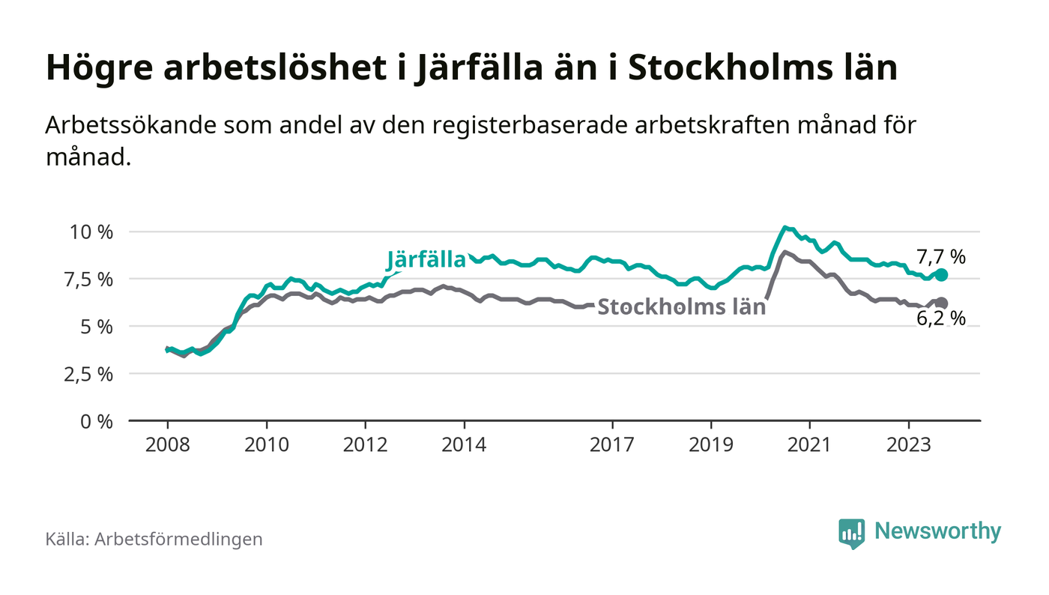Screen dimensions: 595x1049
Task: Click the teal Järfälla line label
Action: [426, 260]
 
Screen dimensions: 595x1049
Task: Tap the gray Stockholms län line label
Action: [681, 306]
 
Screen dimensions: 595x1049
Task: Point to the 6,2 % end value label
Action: [941, 318]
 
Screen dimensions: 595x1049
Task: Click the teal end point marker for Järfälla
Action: [941, 275]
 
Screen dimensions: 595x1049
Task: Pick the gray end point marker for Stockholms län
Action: [941, 303]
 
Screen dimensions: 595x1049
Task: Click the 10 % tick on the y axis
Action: [91, 232]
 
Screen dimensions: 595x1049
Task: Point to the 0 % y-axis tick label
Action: [97, 421]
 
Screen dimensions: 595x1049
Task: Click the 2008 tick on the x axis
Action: [167, 444]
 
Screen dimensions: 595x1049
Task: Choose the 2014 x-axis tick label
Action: [465, 444]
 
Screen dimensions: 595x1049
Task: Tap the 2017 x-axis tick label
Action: [613, 444]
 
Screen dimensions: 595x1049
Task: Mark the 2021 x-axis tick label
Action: [811, 444]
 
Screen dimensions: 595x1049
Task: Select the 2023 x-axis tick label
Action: [910, 444]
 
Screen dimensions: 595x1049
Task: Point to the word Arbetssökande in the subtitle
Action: [130, 125]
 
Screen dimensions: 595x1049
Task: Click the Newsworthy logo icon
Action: [851, 533]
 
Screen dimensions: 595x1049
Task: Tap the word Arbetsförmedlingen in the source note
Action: [178, 539]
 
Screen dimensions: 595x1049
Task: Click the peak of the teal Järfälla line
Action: [784, 227]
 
